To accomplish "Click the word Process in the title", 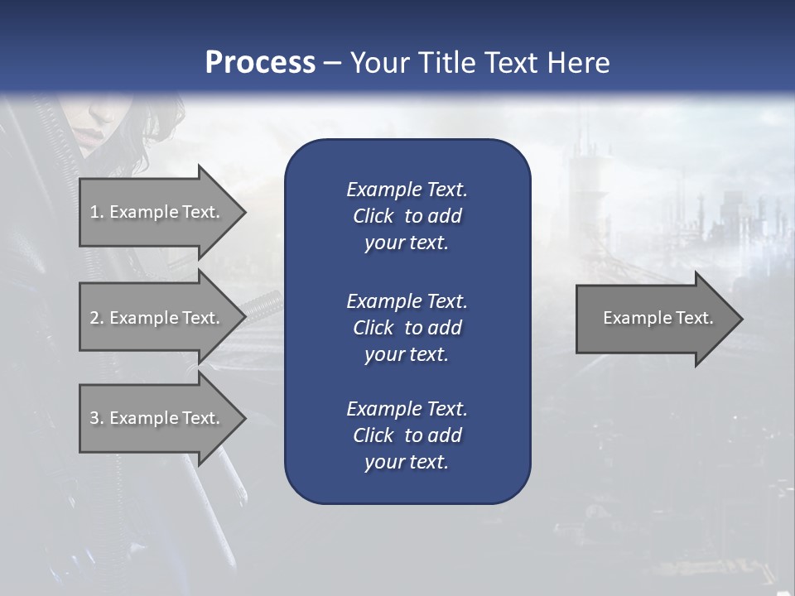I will [x=260, y=63].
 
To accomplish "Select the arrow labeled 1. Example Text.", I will [x=157, y=212].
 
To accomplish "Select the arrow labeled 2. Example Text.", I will [x=157, y=318].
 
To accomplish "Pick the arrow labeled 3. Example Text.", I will [x=157, y=418].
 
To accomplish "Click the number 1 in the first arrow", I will [x=94, y=212].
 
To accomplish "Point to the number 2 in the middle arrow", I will [x=94, y=318].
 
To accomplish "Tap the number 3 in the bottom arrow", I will [x=94, y=418].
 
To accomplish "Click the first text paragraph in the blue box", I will [x=407, y=216].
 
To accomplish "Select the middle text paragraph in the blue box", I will [x=407, y=328].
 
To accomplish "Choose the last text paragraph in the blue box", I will [x=407, y=435].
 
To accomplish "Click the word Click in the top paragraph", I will [x=373, y=216].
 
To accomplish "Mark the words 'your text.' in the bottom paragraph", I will [x=407, y=463].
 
